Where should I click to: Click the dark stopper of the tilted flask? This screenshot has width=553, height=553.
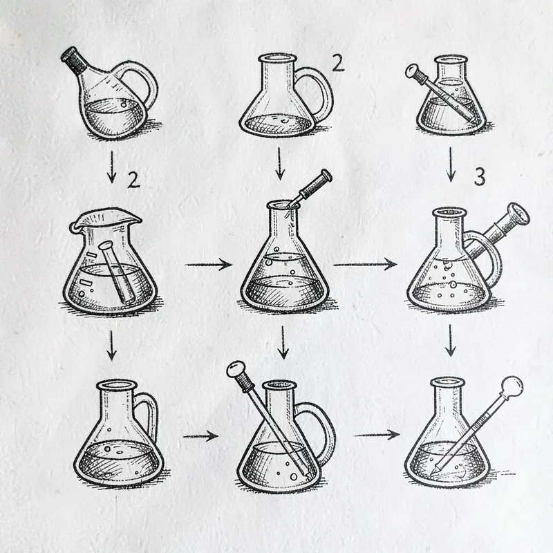pos(74,59)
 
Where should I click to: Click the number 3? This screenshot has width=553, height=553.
pos(479,177)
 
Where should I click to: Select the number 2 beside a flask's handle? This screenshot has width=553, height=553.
pos(338,64)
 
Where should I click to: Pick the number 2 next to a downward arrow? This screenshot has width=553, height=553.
pos(133,180)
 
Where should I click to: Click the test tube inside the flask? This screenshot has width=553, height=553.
pos(116,272)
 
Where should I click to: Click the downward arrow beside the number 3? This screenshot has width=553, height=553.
pos(451,165)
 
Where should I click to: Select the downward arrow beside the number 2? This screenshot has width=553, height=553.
pos(112,167)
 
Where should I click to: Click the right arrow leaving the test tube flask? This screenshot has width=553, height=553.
pos(208,265)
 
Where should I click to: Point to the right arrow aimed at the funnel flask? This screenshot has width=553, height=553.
pos(365,264)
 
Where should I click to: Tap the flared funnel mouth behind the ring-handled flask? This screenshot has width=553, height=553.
pos(518,214)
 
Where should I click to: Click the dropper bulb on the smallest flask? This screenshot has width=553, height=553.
pos(411,72)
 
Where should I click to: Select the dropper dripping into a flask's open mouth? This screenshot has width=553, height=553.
pos(310,189)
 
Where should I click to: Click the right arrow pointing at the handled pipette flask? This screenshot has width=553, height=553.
pos(200,436)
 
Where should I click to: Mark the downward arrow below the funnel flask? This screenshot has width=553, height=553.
pos(450,340)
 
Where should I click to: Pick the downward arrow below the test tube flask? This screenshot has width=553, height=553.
pos(111,346)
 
